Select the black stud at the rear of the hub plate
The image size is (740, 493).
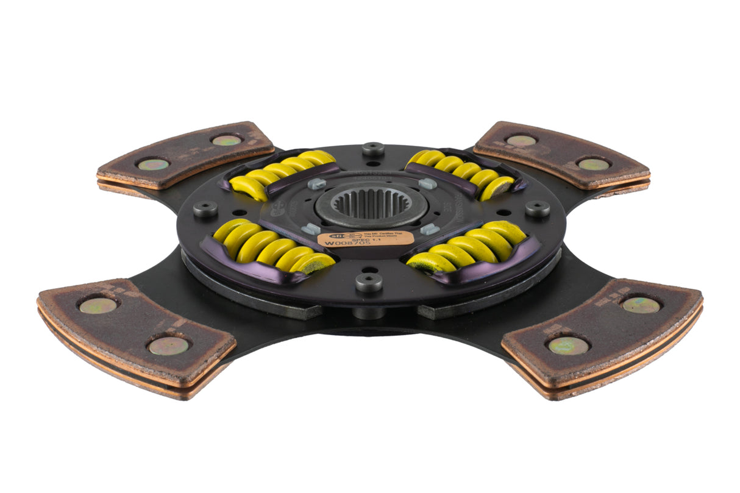pyautogui.click(x=372, y=149)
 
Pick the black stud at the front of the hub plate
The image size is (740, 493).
pyautogui.click(x=369, y=282)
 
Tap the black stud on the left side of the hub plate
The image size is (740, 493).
pyautogui.click(x=205, y=209)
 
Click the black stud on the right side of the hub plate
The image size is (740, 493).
pyautogui.click(x=537, y=208)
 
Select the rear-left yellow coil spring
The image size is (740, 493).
pyautogui.click(x=283, y=173)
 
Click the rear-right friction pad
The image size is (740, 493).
pyautogui.click(x=561, y=155)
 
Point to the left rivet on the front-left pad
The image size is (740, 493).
pyautogui.click(x=98, y=305)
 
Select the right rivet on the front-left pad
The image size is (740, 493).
pyautogui.click(x=168, y=346)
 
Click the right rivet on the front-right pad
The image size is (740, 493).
pyautogui.click(x=640, y=304)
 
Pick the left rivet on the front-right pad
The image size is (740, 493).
pyautogui.click(x=568, y=346)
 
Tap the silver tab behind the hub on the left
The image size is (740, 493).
pyautogui.click(x=316, y=183)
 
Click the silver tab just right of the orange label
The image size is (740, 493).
pyautogui.click(x=430, y=229)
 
